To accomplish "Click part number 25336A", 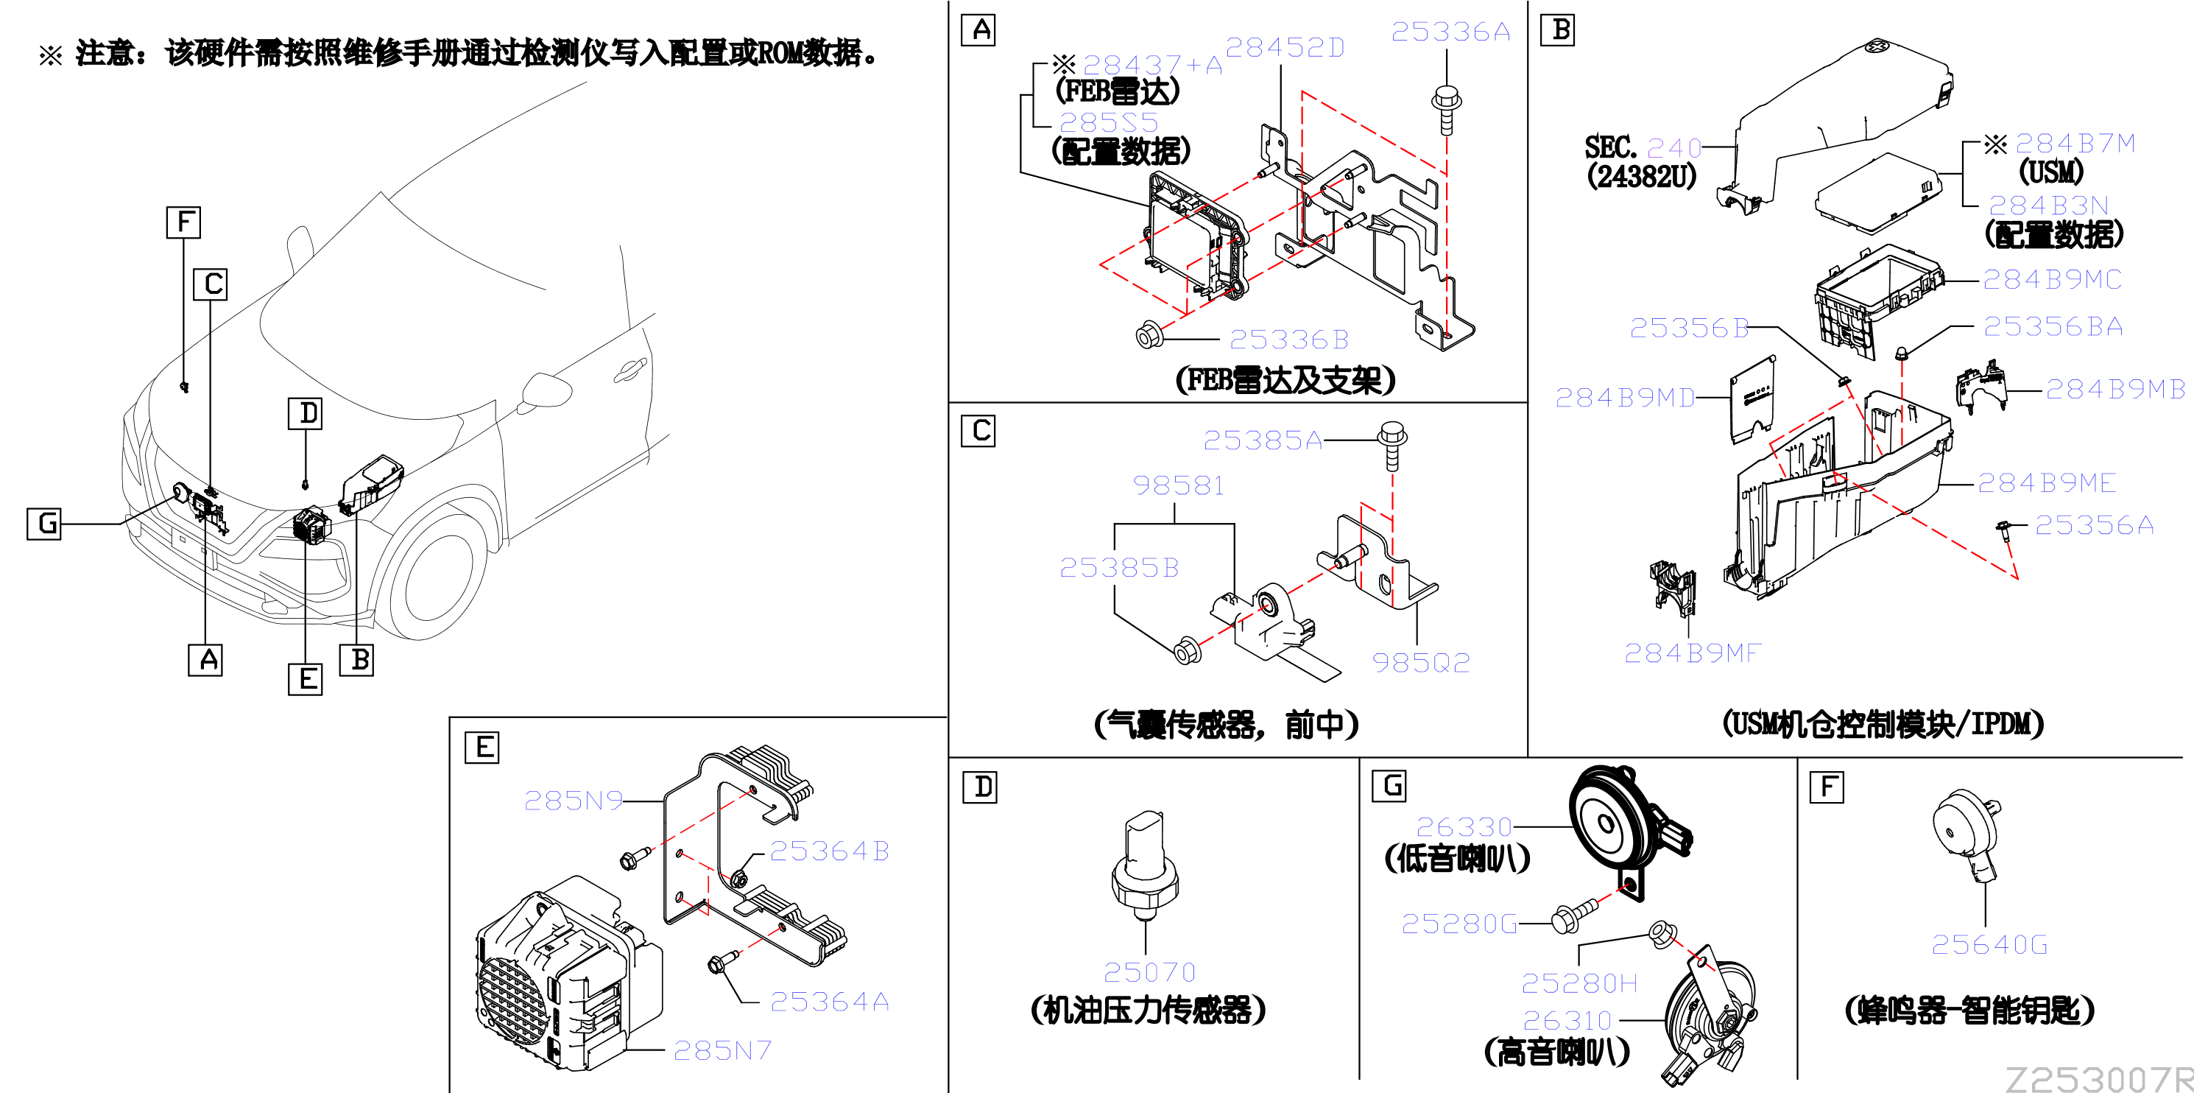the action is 1450,32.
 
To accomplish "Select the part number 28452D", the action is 1285,48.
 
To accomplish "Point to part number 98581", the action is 1178,485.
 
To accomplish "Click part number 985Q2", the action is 1421,662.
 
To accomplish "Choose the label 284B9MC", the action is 2052,279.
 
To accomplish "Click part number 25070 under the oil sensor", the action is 1149,972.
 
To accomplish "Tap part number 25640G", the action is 1989,944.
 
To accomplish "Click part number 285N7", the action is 722,1050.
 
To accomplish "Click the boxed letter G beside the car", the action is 44,523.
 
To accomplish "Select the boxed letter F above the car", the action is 183,222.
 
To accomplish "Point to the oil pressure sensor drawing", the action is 1146,866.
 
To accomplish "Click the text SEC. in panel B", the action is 1611,147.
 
